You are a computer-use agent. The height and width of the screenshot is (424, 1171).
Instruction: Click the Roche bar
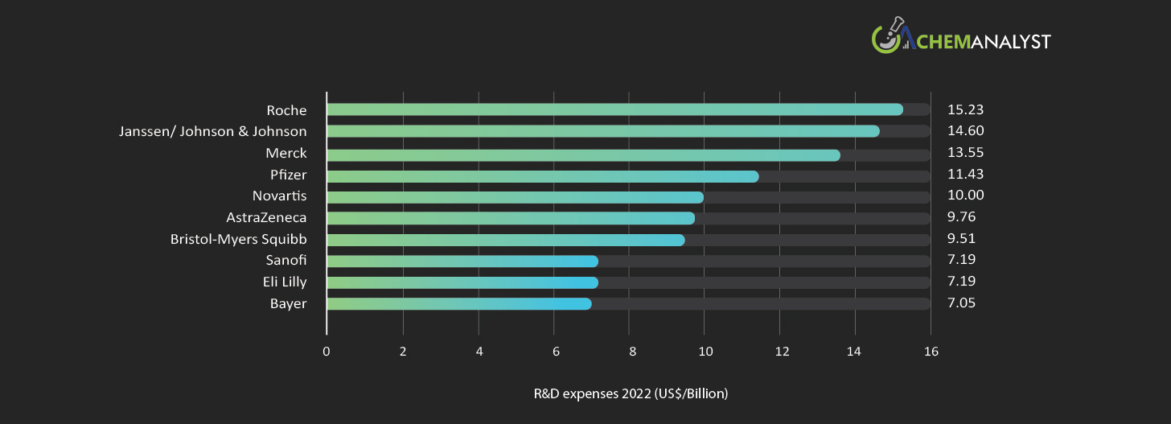coord(614,109)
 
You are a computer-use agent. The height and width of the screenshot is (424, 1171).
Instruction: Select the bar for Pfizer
coord(543,176)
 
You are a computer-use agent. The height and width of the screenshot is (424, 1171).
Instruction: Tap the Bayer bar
coord(459,303)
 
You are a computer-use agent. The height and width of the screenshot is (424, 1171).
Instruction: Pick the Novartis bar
coord(515,197)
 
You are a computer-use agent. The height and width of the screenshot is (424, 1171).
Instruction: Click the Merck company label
coord(286,153)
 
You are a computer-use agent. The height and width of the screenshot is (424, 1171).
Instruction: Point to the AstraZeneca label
coord(266,217)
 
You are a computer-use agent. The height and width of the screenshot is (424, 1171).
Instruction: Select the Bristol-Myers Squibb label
coord(238,239)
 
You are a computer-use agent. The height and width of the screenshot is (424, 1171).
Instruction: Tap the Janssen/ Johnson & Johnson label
coord(212,131)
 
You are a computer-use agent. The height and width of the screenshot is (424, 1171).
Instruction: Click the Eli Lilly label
coord(284,282)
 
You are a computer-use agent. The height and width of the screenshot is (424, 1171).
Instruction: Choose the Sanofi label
coord(286,260)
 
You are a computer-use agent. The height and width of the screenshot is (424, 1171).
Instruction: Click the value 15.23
coord(965,109)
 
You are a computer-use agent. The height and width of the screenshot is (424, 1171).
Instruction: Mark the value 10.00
coord(965,196)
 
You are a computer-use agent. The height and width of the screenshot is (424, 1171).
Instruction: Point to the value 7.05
coord(963,303)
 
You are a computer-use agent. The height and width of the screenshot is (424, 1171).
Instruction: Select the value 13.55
coord(965,152)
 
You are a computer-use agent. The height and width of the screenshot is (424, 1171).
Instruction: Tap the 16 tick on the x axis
coord(931,352)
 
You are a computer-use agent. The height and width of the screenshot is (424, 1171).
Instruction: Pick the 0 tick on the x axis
coord(326,352)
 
